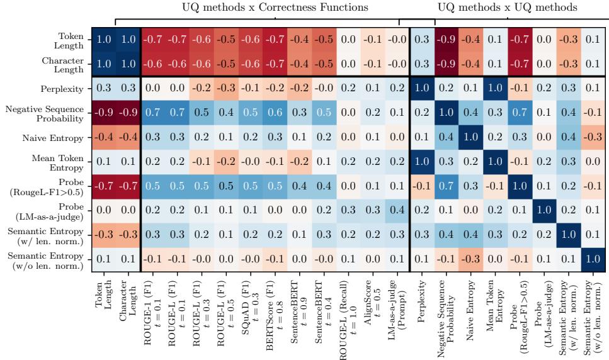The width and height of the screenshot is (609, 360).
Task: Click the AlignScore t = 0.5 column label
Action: click(x=372, y=313)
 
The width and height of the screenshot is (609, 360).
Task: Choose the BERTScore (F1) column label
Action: click(x=273, y=313)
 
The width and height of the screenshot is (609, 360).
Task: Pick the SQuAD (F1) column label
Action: click(x=249, y=313)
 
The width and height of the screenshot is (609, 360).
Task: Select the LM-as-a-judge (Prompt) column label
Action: click(x=396, y=313)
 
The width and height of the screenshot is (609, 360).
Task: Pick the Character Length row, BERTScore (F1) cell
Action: click(x=273, y=63)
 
